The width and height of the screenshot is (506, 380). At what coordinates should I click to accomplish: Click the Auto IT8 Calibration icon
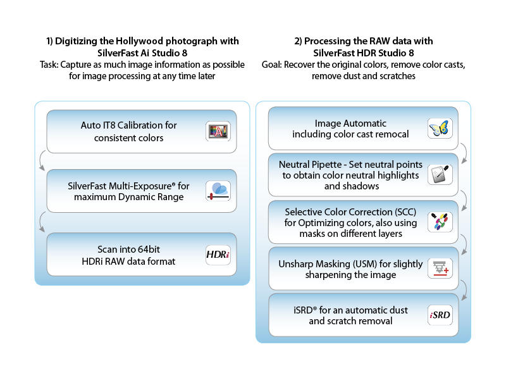(x=218, y=131)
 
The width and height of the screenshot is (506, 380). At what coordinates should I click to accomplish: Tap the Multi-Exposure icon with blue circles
(x=218, y=191)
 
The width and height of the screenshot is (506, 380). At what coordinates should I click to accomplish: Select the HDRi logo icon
(x=218, y=255)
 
